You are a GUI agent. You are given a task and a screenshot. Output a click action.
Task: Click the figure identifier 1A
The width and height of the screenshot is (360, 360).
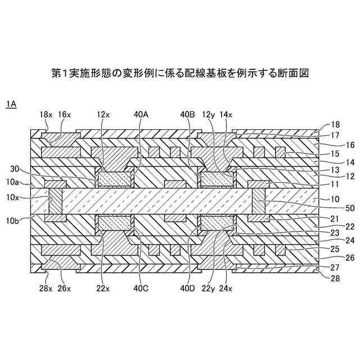(x=11, y=104)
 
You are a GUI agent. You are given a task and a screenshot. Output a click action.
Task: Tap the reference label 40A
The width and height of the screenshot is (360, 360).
(x=141, y=114)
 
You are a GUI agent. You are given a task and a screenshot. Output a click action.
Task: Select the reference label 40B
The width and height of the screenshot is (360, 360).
(x=188, y=114)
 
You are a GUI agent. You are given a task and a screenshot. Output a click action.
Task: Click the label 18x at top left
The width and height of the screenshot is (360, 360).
(x=46, y=114)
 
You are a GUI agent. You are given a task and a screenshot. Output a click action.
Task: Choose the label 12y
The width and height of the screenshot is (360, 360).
(x=209, y=114)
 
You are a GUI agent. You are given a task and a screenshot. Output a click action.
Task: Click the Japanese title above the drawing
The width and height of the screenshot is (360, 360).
(x=180, y=74)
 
